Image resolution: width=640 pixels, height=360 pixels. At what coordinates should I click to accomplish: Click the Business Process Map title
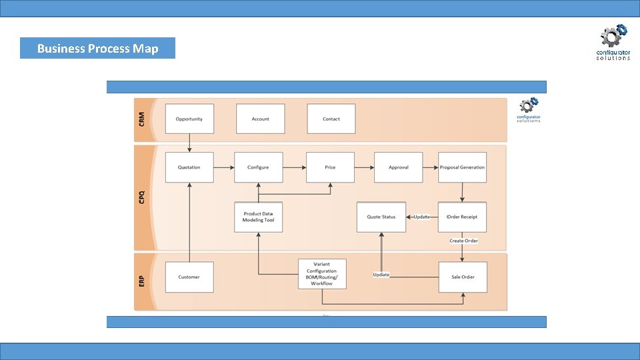(97, 48)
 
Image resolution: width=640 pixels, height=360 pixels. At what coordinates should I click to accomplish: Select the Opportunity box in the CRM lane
(189, 119)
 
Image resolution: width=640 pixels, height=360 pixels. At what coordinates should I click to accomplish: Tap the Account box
(260, 119)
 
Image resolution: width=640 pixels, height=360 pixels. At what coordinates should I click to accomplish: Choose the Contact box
(331, 119)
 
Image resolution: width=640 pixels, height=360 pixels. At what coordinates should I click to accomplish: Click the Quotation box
(189, 167)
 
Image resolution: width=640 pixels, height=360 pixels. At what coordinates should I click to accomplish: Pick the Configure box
(258, 167)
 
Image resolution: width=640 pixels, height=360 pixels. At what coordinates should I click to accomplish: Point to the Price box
(330, 167)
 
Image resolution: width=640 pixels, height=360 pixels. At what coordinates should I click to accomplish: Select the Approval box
(398, 167)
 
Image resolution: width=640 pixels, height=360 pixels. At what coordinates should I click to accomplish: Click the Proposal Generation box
(462, 167)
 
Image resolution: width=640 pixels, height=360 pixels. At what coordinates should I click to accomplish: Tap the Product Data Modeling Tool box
(258, 217)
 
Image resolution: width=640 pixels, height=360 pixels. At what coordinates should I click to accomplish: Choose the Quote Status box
(381, 217)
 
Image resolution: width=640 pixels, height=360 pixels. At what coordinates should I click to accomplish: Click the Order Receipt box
(462, 217)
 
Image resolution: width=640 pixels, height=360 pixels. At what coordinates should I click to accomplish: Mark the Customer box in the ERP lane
(189, 277)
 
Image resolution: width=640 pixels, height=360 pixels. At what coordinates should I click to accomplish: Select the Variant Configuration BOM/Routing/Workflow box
(321, 274)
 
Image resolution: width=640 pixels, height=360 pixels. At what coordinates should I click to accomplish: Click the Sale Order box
(462, 277)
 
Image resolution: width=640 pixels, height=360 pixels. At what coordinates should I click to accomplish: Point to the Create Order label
(463, 241)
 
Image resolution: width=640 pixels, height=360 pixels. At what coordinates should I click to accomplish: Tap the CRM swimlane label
(142, 119)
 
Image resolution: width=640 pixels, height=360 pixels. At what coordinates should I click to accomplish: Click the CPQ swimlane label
(142, 197)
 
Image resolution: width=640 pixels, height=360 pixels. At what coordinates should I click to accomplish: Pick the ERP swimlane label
(142, 281)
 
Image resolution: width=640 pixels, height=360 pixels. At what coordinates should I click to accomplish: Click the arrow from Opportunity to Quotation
(189, 143)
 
